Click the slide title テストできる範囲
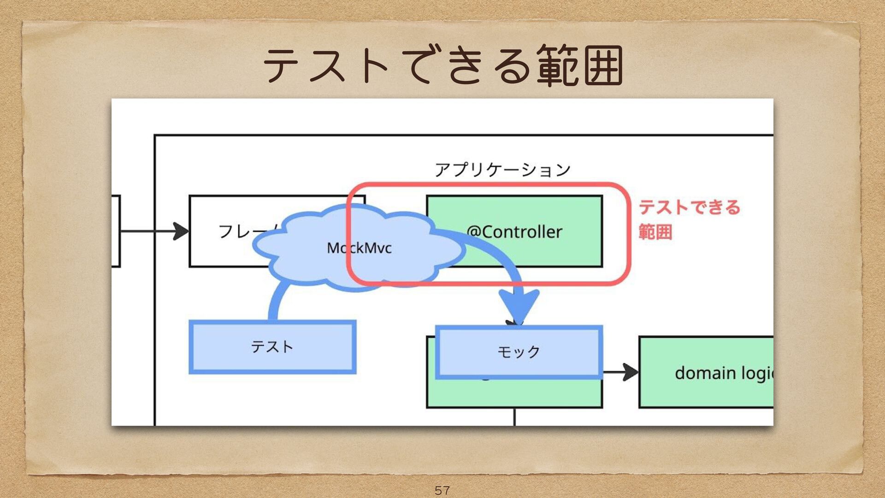coord(442,65)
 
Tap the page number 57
coord(442,490)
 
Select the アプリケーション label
coord(502,170)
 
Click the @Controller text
coord(514,231)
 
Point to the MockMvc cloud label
coord(359,248)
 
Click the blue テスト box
coord(272,347)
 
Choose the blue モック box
coord(519,352)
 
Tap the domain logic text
coord(724,373)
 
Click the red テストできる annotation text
coord(689,207)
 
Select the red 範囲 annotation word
coord(655,231)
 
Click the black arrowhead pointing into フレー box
coord(181,231)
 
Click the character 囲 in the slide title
coord(604,65)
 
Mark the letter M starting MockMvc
coord(333,248)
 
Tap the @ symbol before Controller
coord(474,231)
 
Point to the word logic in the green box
coord(756,373)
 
